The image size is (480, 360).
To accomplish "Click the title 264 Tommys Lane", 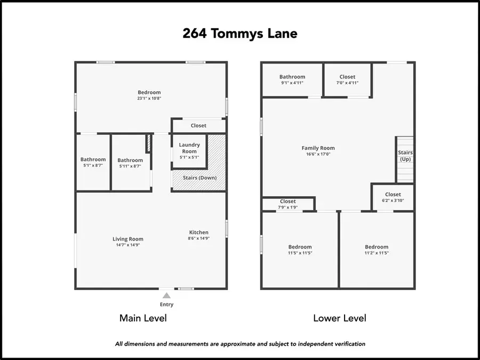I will pos(240,34).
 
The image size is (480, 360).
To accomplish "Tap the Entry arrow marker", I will pos(167,295).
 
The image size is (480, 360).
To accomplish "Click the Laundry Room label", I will pos(189,148).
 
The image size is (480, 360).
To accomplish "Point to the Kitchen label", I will pos(199,232).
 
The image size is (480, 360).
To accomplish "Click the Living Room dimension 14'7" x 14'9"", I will pos(128,246).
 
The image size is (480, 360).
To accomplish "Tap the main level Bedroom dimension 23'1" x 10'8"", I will pos(149,99).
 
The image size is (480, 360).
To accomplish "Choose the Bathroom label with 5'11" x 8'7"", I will pos(130,160).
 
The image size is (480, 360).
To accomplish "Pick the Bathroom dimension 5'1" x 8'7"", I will pos(93,166).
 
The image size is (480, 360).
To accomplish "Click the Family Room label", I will pos(318,148).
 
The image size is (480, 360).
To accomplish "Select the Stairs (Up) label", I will pos(405,156).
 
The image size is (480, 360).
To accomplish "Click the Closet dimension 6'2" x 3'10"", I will pos(393,201).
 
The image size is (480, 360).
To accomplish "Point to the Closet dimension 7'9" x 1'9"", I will pos(287,207).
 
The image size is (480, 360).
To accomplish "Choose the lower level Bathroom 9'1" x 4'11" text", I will pos(292,80).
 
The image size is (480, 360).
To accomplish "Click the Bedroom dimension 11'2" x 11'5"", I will pos(377,253).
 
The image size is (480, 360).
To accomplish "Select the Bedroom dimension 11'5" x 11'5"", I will pos(300,253).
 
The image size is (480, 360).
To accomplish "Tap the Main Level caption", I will pos(143,318).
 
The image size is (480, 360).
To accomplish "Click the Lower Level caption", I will pos(339,318).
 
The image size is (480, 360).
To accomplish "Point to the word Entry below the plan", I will pos(167,305).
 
